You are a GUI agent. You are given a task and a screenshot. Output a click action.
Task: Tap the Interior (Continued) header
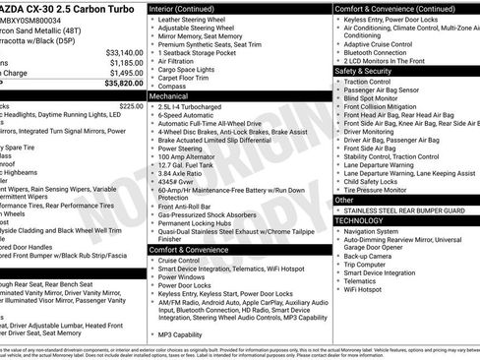(189, 8)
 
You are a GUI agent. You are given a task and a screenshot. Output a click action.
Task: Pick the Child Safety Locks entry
(378, 181)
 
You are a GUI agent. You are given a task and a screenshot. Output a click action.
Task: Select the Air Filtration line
(182, 61)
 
